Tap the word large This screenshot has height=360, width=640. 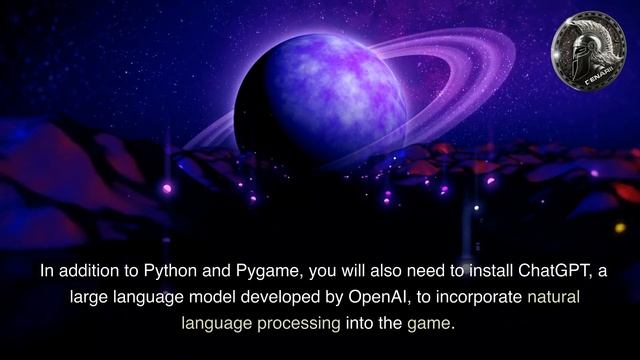pos(88,297)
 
